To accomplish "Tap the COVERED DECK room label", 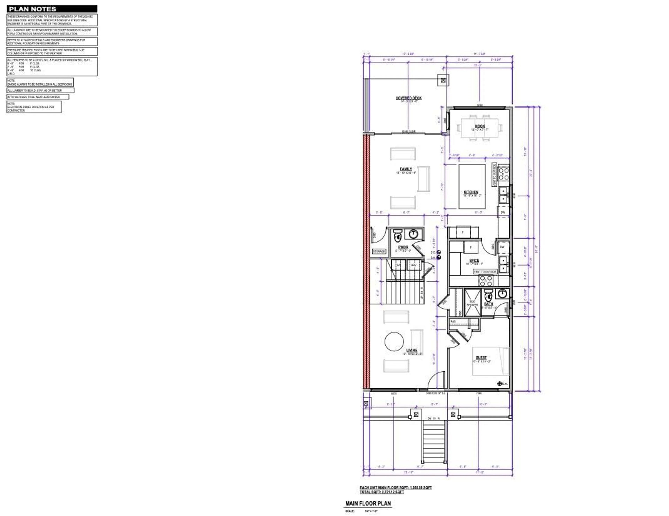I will tap(408, 98).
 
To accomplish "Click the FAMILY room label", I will tap(406, 169).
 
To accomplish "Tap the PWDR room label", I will tap(403, 247).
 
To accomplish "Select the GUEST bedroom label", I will tap(481, 357).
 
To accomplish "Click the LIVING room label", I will tap(412, 350).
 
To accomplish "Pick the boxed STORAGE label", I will tap(379, 251).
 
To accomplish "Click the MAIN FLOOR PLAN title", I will tap(368, 503).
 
